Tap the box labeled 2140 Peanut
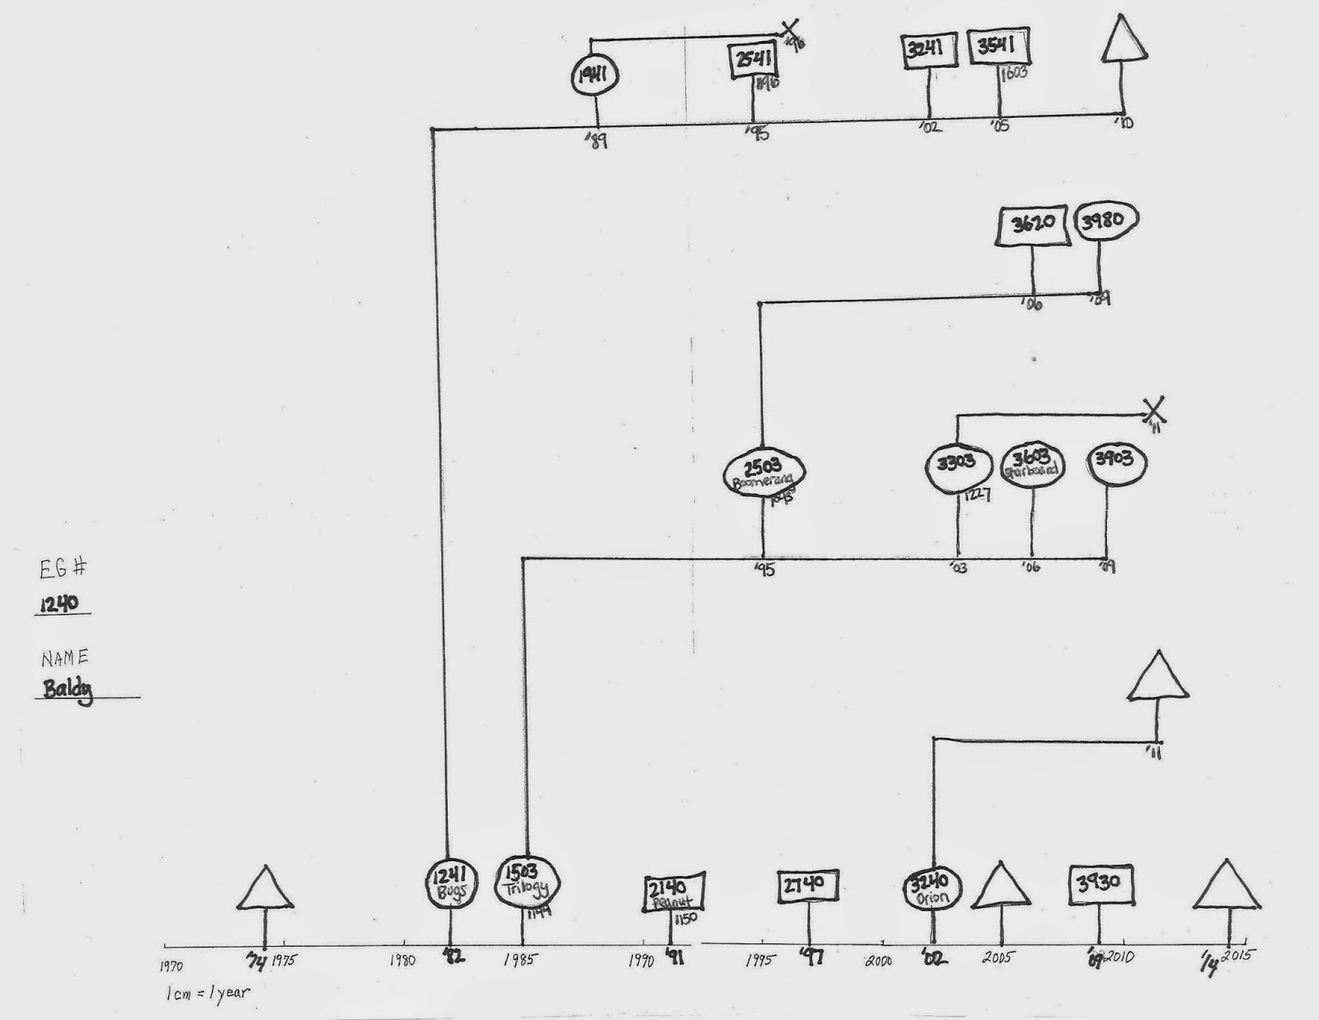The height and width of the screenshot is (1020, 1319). click(674, 893)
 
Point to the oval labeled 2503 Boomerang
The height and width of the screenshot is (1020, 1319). click(763, 473)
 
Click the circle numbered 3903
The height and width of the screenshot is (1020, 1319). click(1113, 461)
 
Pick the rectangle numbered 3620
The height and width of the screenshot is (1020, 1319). click(1034, 224)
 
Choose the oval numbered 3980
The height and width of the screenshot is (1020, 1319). click(1106, 221)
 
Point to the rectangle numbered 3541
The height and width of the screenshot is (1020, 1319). click(998, 49)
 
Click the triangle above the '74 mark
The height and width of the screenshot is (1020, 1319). click(265, 889)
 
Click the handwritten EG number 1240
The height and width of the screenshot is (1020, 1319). click(62, 603)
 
